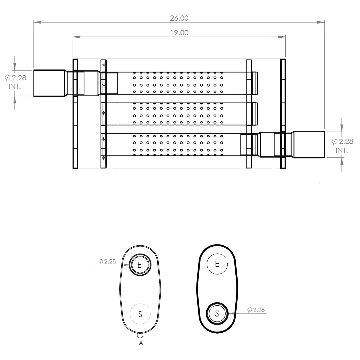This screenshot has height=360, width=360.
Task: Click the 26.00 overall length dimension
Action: [x=179, y=18]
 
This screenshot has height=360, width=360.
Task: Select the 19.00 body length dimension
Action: [x=179, y=33]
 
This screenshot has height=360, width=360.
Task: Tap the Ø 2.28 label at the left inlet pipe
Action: [x=15, y=78]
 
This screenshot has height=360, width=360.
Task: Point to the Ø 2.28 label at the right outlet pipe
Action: [x=342, y=141]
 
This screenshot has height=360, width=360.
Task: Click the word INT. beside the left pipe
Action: [x=15, y=87]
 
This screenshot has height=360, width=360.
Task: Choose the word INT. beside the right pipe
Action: [x=342, y=151]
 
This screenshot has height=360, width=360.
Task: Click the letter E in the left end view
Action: [x=139, y=265]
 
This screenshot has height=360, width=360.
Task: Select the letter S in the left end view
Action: [x=140, y=314]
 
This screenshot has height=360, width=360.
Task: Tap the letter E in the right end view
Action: [x=217, y=264]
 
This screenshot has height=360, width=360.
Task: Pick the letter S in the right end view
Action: [x=217, y=313]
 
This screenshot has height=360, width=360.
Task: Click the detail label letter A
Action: [x=141, y=343]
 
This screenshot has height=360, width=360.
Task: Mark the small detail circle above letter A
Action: [x=140, y=335]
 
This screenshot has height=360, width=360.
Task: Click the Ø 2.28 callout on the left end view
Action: [x=107, y=261]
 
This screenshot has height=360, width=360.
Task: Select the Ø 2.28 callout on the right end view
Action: [x=256, y=310]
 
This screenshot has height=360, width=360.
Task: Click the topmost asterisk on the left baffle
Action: [x=104, y=65]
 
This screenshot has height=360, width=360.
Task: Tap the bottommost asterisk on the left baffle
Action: [x=104, y=158]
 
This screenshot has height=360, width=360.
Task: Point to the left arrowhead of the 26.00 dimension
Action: [x=37, y=22]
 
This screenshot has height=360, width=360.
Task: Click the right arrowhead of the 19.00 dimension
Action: [x=282, y=37]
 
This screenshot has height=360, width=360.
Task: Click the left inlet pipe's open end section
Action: [x=49, y=83]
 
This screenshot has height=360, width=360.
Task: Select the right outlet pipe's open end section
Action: [x=309, y=145]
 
